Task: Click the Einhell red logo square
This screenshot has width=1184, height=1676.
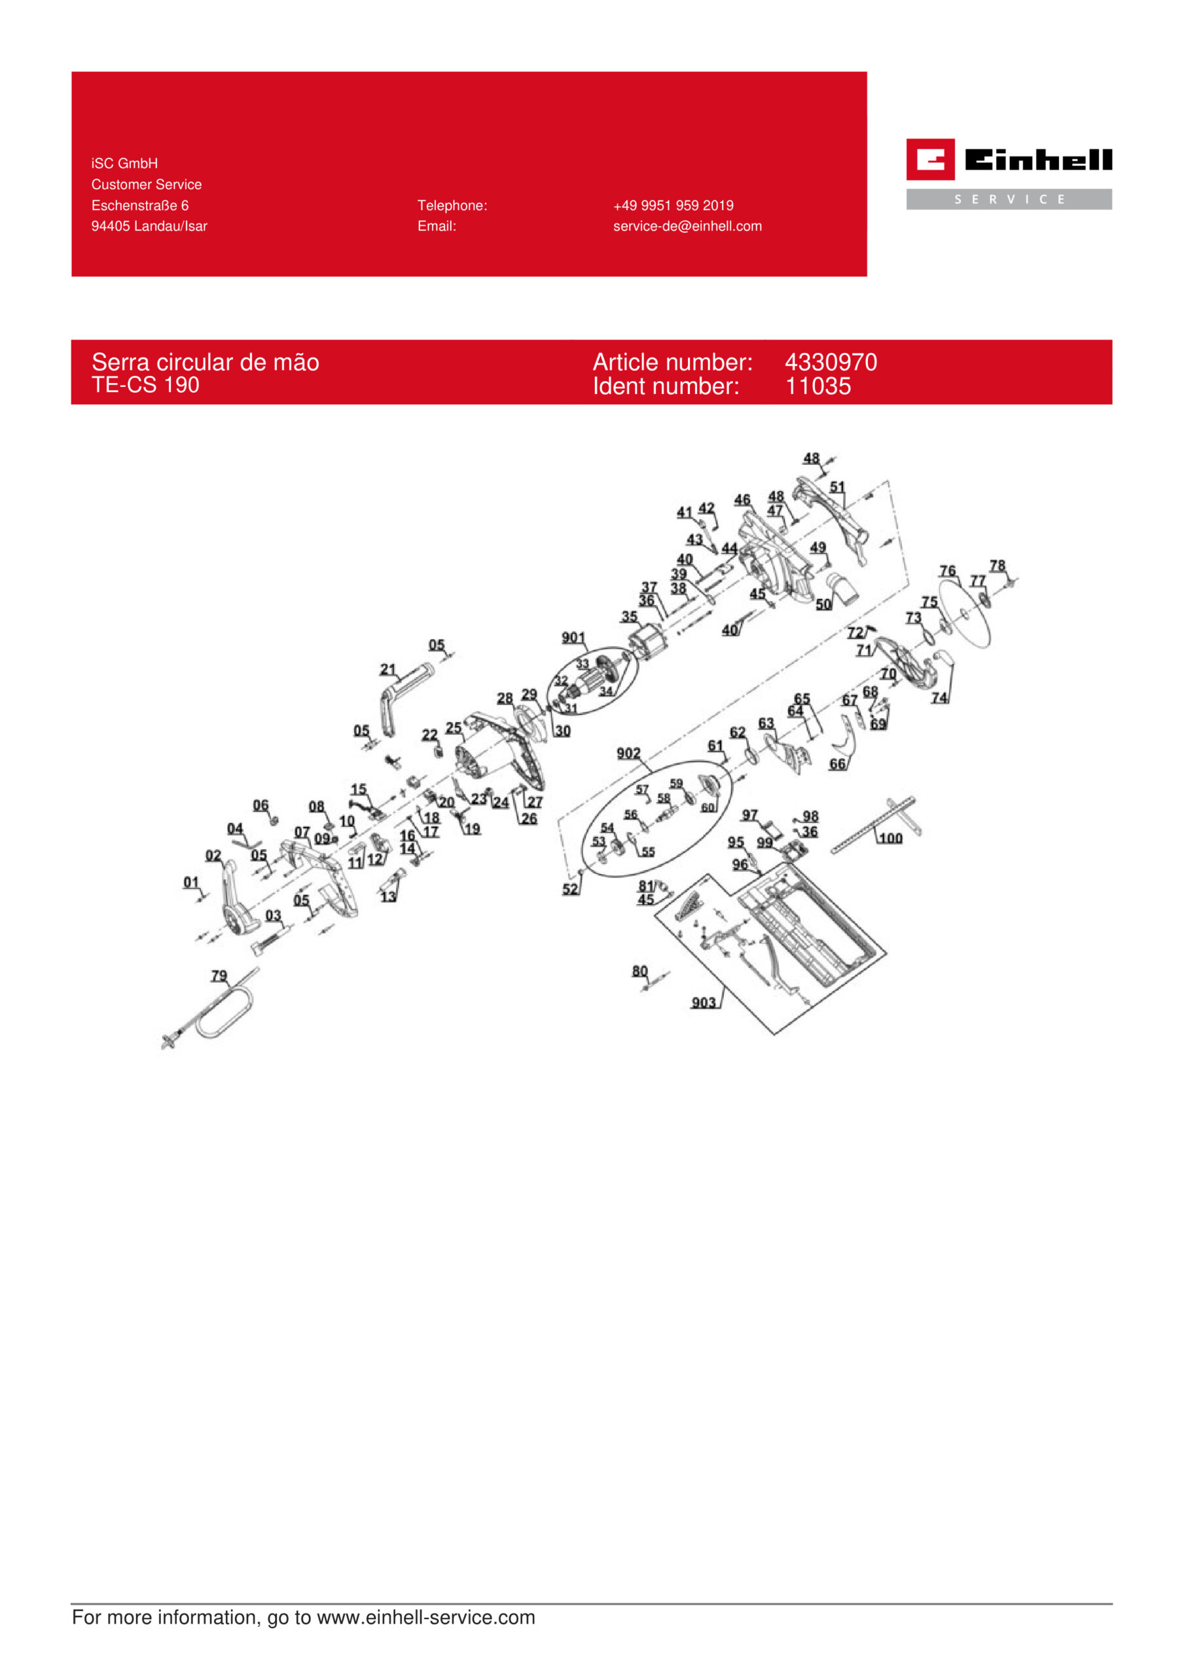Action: point(930,159)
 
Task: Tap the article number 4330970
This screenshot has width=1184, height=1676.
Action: point(831,362)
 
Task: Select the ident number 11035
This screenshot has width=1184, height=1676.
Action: point(817,386)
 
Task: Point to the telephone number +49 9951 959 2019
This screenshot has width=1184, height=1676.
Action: point(673,206)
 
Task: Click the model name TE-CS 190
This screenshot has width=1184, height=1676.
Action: point(145,385)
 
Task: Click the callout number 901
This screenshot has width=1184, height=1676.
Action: point(573,638)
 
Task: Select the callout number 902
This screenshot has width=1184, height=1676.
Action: point(628,754)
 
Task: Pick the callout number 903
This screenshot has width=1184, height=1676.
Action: point(703,1003)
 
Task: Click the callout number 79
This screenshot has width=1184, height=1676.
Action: point(219,976)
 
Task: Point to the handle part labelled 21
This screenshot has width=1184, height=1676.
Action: point(404,699)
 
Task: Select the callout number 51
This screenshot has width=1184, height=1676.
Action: point(837,487)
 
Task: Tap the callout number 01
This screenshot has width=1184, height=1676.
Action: point(190,883)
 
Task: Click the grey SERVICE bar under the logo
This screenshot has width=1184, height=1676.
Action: point(1009,199)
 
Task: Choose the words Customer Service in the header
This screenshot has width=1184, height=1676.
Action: point(146,185)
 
